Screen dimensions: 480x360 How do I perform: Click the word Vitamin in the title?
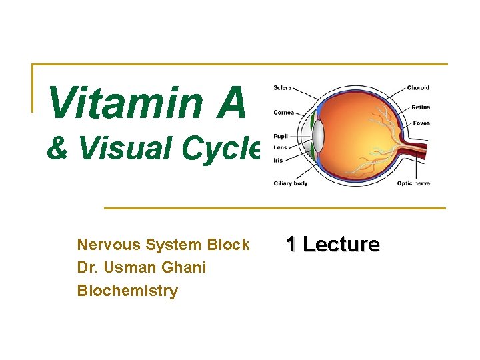(x=125, y=103)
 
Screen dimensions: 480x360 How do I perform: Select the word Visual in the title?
(x=121, y=148)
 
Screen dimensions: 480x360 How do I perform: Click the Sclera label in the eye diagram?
(x=283, y=88)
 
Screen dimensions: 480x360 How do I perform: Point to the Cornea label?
(x=284, y=112)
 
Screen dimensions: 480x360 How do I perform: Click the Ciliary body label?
(x=291, y=183)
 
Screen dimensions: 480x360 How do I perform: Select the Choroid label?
(x=418, y=88)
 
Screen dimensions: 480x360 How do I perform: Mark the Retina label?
(x=421, y=107)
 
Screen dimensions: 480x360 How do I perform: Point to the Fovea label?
(x=421, y=123)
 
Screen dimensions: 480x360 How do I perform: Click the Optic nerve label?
(x=413, y=183)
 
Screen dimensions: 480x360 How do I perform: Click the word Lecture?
(x=341, y=245)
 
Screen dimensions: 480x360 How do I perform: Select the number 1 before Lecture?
(x=291, y=245)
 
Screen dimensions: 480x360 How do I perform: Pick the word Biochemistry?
(x=127, y=291)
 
